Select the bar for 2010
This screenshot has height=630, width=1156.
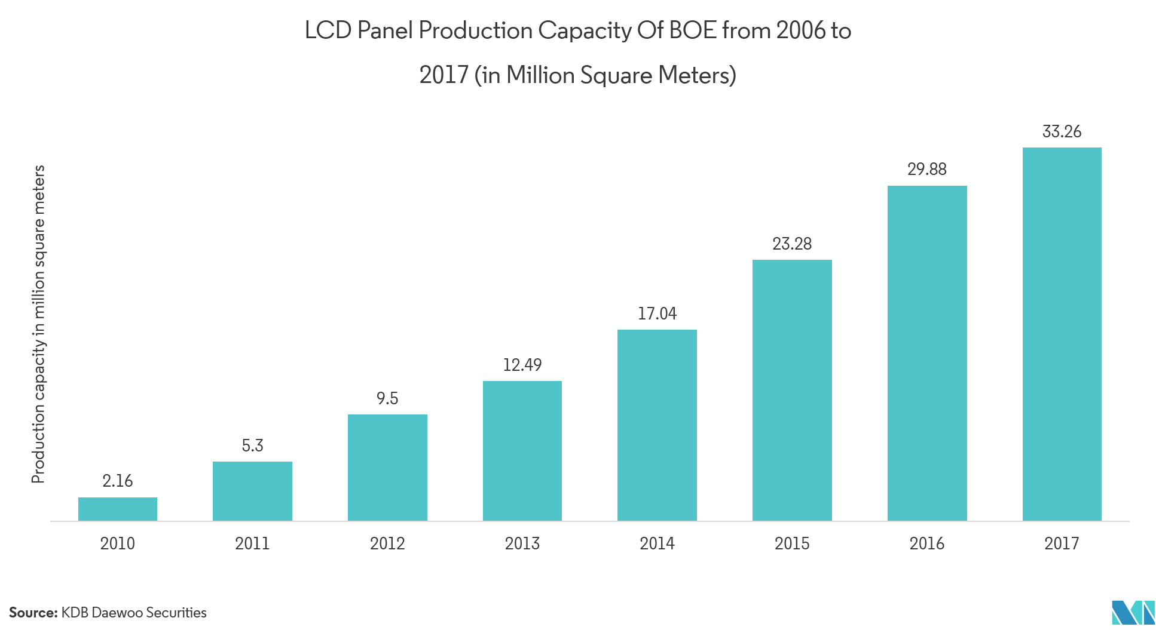(x=118, y=509)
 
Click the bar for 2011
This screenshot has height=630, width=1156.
(x=252, y=491)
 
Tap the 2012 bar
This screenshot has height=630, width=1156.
(x=387, y=468)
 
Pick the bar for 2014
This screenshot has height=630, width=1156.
(x=657, y=425)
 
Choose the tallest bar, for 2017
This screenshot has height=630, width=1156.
(x=1062, y=334)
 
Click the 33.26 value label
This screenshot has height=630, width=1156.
(x=1062, y=131)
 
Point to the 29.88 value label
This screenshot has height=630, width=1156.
(x=926, y=169)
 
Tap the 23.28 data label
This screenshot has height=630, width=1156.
(x=792, y=244)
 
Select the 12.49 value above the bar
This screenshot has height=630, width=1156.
(x=522, y=365)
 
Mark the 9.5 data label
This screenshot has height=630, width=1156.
(x=387, y=398)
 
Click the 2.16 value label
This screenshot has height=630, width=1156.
(x=117, y=481)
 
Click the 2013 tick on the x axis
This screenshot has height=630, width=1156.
(x=522, y=543)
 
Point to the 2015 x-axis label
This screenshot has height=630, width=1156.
(x=792, y=543)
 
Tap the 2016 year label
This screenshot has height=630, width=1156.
(x=926, y=543)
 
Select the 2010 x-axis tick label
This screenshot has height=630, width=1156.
(x=117, y=543)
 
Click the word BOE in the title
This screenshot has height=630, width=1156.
(x=692, y=30)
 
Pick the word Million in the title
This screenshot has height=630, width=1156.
(x=540, y=75)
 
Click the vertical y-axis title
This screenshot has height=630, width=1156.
(x=38, y=325)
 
